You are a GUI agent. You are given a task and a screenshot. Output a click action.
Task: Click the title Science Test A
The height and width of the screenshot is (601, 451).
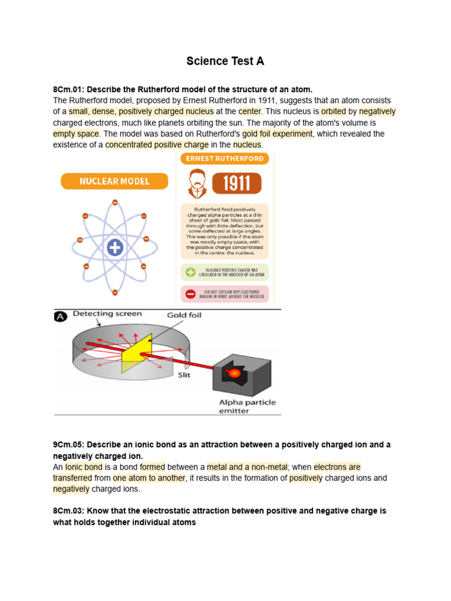pos(225,61)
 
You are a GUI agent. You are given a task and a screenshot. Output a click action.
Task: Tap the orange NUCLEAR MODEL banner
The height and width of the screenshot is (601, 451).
pos(114,181)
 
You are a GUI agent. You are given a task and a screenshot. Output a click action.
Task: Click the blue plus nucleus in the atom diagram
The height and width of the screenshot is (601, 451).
pos(115,248)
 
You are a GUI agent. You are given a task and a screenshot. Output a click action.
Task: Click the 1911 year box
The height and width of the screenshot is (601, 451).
pos(237,183)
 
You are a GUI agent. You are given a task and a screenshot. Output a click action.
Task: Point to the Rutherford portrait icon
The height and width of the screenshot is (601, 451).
pos(197,184)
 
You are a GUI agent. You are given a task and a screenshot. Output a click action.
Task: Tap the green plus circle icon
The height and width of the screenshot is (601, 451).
pos(190,272)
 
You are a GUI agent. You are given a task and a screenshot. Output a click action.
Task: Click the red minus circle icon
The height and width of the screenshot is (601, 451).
pos(190,294)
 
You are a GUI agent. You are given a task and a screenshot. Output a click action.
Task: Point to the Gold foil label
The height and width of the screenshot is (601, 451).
pos(184,315)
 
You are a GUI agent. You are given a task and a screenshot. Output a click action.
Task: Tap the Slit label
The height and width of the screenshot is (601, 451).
pos(184,375)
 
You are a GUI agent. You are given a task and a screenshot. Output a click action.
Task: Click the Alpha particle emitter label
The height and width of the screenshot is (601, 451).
pos(247,406)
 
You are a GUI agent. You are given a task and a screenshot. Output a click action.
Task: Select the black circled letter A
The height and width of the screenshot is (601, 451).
pos(60,316)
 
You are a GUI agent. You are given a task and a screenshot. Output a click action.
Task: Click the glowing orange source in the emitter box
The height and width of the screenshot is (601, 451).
pos(233,373)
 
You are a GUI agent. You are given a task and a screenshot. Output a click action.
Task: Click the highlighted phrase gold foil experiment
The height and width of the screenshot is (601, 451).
pos(281,134)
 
